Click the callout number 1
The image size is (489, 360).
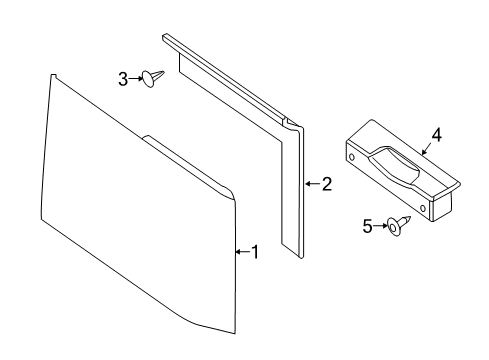pyautogui.click(x=254, y=253)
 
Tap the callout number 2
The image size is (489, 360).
pyautogui.click(x=326, y=184)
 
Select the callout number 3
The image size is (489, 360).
pyautogui.click(x=122, y=78)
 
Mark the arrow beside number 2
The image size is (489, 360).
pyautogui.click(x=312, y=184)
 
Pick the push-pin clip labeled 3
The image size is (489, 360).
pyautogui.click(x=153, y=77)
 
